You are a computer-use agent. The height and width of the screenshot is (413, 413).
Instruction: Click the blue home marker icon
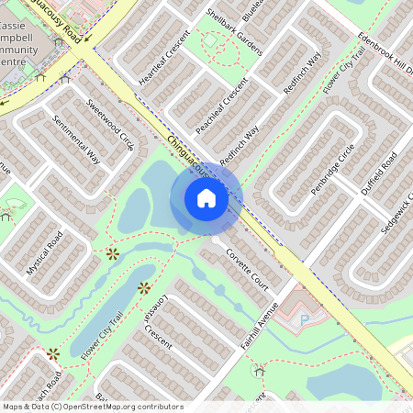206,198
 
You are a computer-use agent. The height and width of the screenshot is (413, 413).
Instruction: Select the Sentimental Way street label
76,139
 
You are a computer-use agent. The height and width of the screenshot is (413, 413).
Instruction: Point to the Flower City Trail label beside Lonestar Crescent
103,337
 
